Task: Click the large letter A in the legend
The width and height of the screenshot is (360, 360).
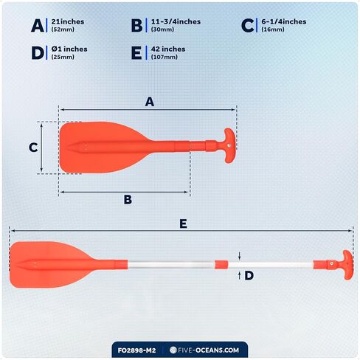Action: (38, 26)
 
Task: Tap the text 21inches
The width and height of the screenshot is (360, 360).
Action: (68, 21)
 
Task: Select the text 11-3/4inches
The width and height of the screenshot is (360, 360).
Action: (176, 21)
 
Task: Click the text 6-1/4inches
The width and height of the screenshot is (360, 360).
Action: (284, 21)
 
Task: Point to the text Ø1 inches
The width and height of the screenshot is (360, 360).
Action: (69, 49)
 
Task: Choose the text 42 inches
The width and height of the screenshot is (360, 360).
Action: (168, 49)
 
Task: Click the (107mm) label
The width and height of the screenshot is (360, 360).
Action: (165, 57)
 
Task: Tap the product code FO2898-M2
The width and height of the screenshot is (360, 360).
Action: (136, 350)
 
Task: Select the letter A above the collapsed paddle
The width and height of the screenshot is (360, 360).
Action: (150, 102)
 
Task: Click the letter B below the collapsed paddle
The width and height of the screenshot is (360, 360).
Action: (128, 200)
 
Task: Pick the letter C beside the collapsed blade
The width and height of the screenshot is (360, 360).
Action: (33, 148)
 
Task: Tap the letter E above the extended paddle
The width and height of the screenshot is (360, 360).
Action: (183, 224)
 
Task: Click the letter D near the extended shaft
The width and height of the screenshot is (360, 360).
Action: (249, 276)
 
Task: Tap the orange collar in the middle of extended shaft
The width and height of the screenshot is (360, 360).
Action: (221, 265)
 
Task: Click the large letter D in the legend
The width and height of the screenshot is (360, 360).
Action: (38, 53)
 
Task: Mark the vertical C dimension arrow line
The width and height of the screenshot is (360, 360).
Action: (41, 148)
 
